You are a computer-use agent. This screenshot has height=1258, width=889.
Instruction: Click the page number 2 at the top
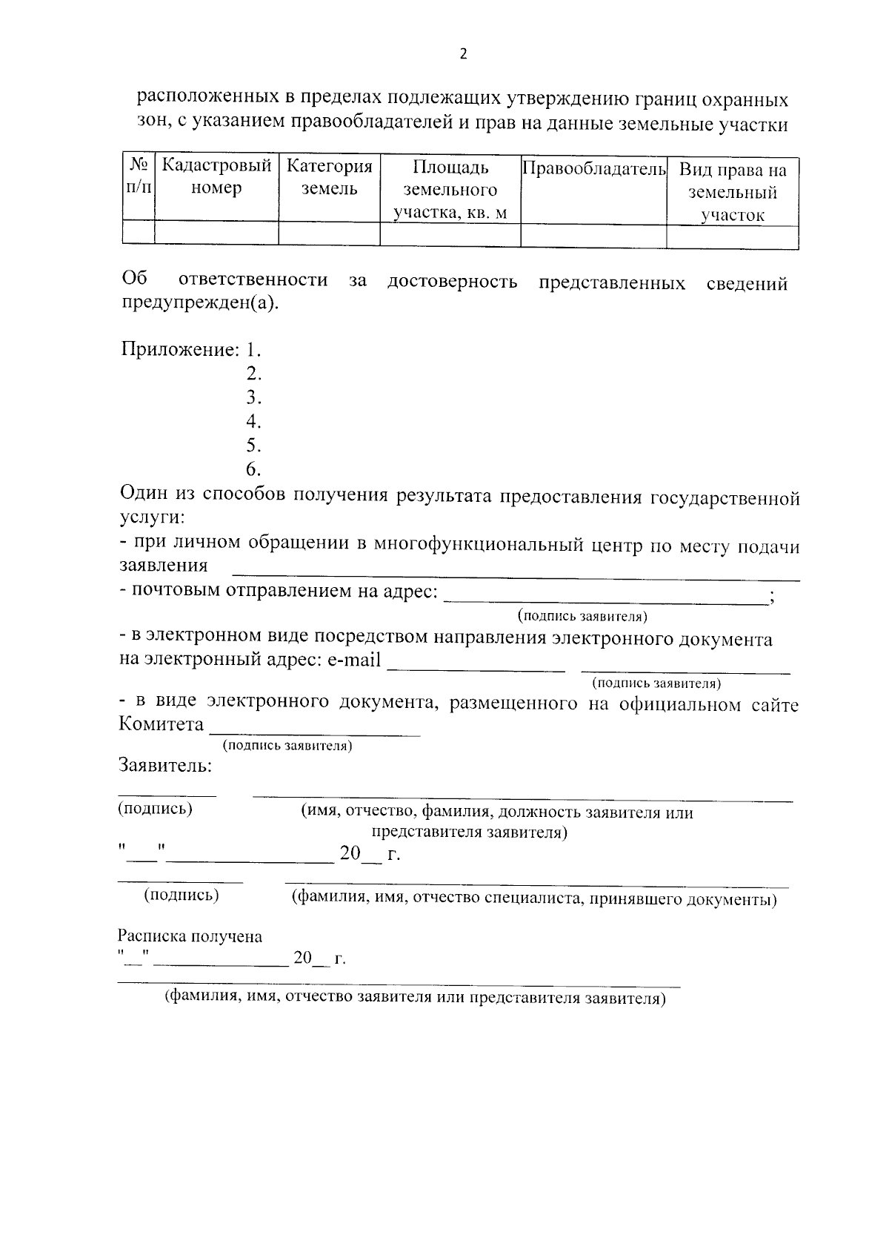pos(464,54)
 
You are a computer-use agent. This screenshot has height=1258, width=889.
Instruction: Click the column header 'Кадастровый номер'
pos(216,177)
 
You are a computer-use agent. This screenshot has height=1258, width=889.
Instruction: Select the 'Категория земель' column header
pos(329,177)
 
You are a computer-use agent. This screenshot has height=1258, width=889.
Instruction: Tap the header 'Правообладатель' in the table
pos(593,169)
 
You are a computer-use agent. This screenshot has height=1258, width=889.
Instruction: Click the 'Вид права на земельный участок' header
pos(732,193)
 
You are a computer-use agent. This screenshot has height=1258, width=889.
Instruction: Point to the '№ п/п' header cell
pos(139,176)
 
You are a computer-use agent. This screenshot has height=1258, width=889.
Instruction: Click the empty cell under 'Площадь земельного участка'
pos(450,235)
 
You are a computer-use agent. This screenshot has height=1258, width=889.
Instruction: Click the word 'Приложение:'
pos(180,349)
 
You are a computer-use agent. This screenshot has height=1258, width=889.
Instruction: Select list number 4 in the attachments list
pos(253,421)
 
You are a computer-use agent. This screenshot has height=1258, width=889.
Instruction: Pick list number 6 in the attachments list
pos(253,469)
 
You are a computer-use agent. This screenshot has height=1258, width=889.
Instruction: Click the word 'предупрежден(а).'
pos(201,303)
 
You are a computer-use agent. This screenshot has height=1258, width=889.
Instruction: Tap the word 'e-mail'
pos(353,660)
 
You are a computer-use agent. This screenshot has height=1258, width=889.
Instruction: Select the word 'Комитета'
pos(161,724)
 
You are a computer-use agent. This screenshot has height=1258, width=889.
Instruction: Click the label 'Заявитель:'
pos(165,766)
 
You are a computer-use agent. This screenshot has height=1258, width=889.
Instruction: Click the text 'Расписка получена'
pos(190,936)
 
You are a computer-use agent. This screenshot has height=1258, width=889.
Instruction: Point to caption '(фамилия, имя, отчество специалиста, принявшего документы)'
pos(533,899)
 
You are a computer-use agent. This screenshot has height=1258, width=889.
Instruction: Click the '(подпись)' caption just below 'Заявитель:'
pos(155,809)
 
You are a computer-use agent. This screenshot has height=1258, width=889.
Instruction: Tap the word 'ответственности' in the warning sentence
pos(253,280)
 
